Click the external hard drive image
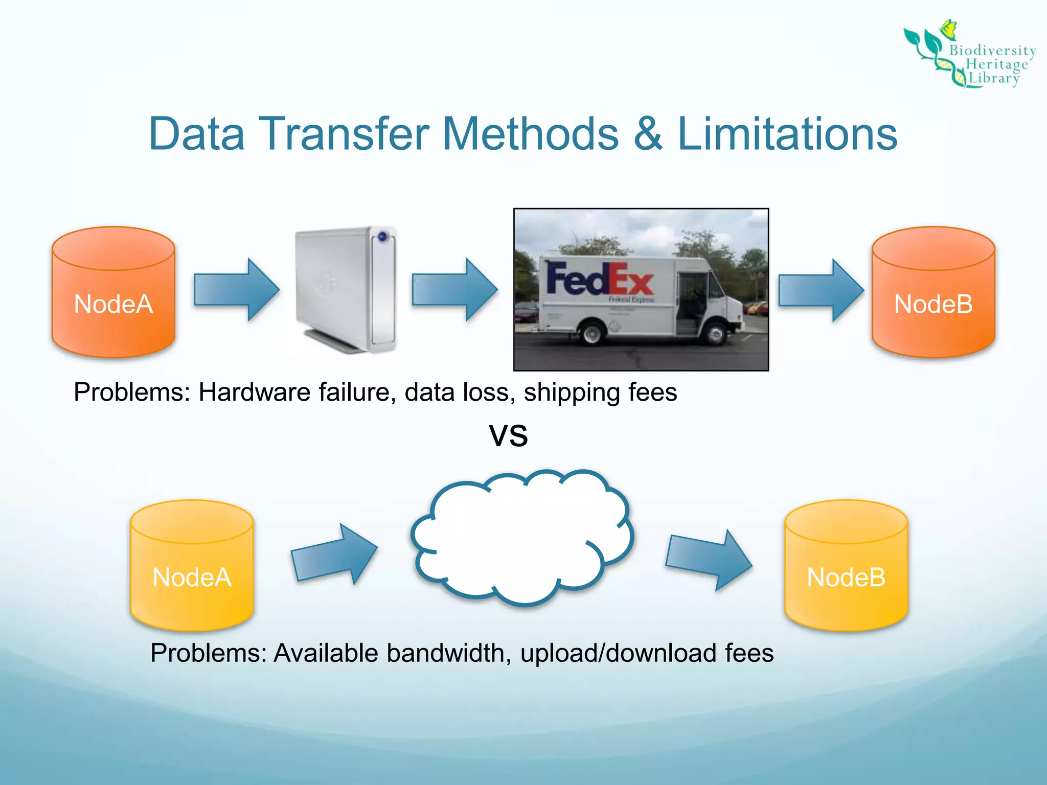coord(346,289)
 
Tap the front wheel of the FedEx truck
coord(716,334)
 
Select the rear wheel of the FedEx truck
coord(592,333)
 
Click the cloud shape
coord(521,537)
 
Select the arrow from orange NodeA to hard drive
coord(237,290)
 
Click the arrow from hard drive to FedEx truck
coord(454,290)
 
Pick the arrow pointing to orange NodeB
coord(821,290)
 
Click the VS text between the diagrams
coord(508,436)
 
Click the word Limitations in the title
coord(787,134)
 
